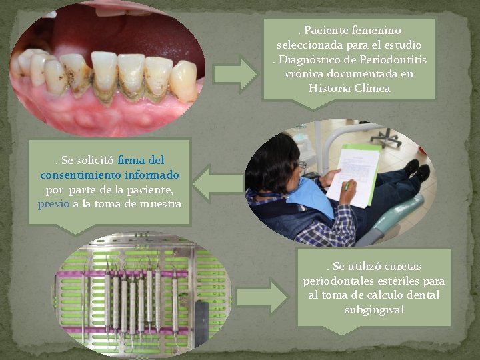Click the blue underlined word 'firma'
coord(131,161)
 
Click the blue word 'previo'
coord(53,204)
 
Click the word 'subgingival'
coord(375,309)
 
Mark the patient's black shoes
coord(417,170)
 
